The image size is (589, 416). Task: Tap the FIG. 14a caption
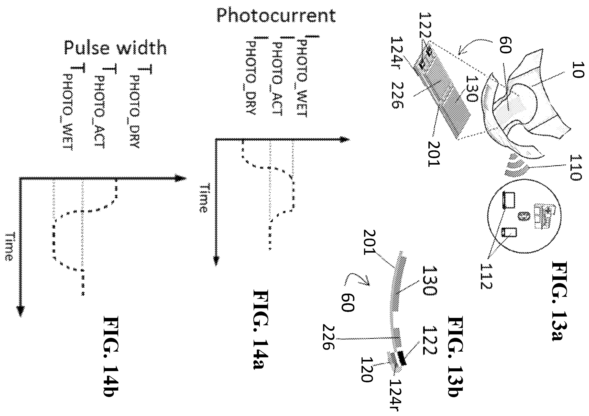[x=261, y=330]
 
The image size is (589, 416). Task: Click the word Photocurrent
[x=276, y=16]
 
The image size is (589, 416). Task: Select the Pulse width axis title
[x=115, y=47]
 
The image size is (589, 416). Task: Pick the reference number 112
[x=486, y=276]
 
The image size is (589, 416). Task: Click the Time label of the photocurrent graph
[x=203, y=198]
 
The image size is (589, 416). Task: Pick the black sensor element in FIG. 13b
[x=402, y=358]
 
